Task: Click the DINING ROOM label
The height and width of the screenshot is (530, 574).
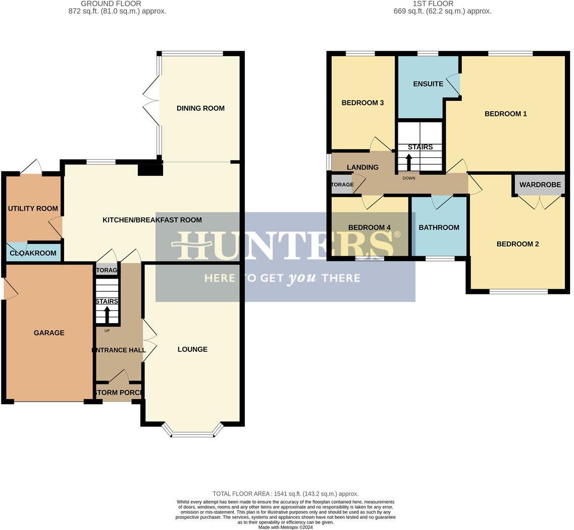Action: [x=200, y=108]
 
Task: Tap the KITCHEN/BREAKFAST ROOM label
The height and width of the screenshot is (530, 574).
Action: [x=152, y=220]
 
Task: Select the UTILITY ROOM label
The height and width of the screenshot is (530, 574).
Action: [x=33, y=208]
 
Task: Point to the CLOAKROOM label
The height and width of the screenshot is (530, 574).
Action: [x=33, y=253]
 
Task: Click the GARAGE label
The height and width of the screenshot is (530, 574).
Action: [x=49, y=333]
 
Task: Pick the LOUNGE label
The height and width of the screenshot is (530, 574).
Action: [x=192, y=349]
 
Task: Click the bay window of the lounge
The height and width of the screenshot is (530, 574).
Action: [x=192, y=434]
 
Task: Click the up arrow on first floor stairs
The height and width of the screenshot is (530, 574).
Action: [x=409, y=162]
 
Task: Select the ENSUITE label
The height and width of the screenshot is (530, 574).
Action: [x=428, y=84]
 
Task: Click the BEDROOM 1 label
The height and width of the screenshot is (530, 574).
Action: [x=505, y=114]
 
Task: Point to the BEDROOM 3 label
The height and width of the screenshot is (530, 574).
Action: [x=362, y=103]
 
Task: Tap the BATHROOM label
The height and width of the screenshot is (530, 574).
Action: [x=439, y=228]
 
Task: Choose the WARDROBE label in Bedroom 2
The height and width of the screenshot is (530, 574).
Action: [x=540, y=185]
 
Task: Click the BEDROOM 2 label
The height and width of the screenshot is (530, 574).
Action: [x=517, y=244]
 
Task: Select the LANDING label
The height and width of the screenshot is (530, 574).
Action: [x=362, y=167]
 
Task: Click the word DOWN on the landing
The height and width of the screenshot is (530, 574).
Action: [x=409, y=178]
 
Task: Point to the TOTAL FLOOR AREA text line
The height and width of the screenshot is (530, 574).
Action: [x=285, y=494]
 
